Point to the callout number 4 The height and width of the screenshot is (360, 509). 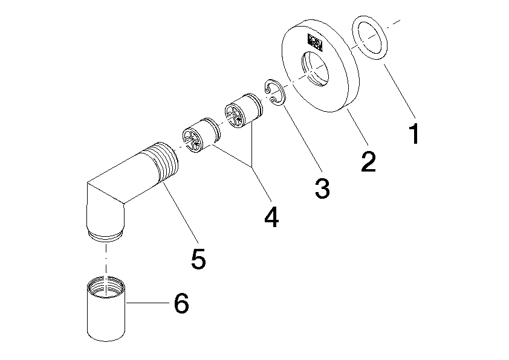(271, 216)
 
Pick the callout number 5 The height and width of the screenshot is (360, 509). (198, 258)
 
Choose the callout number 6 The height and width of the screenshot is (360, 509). (181, 304)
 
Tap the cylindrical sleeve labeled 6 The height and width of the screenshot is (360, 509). (106, 311)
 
